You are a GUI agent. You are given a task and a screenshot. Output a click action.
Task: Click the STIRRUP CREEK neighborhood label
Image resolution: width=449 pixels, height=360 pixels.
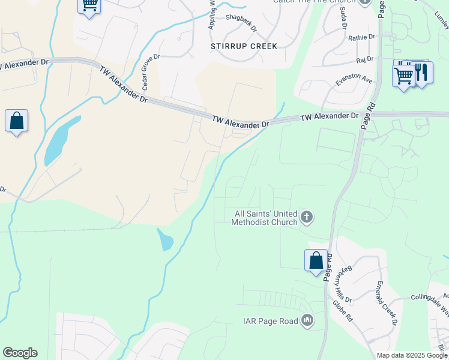244,46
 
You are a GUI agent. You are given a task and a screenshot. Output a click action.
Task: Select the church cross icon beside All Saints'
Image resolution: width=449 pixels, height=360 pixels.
307,217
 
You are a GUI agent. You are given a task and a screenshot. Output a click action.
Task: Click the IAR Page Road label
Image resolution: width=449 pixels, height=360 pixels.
270,321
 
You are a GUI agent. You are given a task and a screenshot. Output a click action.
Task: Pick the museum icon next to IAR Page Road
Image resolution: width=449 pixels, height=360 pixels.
307,321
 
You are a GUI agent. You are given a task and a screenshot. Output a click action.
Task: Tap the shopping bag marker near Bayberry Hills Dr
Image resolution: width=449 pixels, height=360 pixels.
316,261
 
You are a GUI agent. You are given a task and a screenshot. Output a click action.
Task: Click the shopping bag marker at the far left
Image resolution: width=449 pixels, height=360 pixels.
17,121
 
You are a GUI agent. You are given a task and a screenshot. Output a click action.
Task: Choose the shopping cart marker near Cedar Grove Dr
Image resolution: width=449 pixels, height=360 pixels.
89,6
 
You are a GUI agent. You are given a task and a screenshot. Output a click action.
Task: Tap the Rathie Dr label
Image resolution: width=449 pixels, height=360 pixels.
361,37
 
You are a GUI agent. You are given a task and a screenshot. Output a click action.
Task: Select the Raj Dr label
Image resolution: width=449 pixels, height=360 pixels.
364,59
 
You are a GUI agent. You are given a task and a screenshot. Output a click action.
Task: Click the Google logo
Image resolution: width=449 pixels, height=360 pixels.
20,353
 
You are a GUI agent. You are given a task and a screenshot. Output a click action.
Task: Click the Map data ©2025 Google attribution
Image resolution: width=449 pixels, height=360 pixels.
412,355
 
